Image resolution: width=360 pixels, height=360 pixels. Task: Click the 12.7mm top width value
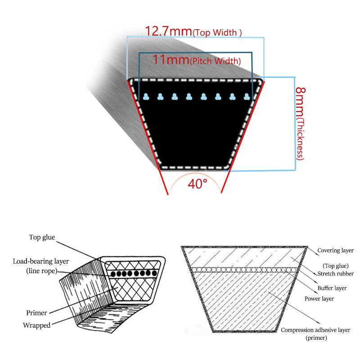168,31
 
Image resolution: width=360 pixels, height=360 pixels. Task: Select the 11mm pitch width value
171,59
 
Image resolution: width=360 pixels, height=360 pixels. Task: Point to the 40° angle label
197,184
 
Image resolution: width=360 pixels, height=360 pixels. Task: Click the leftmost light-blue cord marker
146,97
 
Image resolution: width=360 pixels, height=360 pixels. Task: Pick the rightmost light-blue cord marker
247,97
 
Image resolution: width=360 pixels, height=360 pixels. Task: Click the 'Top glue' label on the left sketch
42,237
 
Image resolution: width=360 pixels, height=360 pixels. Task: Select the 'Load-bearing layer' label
41,261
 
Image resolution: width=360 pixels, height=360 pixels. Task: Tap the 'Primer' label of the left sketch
36,313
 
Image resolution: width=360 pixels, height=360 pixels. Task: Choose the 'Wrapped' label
37,325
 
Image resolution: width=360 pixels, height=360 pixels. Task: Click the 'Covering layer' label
335,250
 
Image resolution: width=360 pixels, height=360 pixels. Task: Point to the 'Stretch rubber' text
335,274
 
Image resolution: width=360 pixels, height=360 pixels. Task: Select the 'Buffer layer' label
332,288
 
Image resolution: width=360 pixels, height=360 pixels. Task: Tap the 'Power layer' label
319,299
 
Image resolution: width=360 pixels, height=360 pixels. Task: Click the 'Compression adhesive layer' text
315,330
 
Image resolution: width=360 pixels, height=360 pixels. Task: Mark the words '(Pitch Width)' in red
216,61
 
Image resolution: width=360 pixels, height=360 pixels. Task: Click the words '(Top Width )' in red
217,32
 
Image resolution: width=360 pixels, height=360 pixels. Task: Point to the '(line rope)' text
41,271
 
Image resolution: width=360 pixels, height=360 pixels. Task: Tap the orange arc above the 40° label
195,174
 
